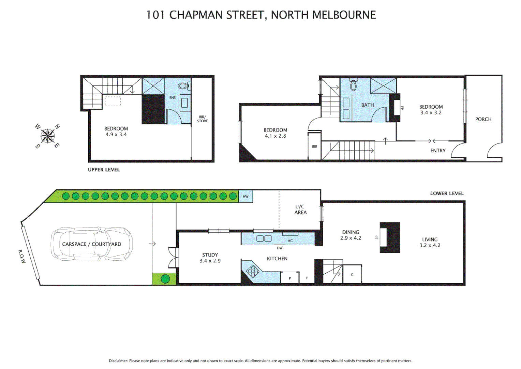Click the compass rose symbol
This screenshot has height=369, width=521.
pyautogui.click(x=47, y=136)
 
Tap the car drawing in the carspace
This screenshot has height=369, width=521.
pyautogui.click(x=91, y=244)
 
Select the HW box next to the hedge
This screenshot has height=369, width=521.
pyautogui.click(x=245, y=196)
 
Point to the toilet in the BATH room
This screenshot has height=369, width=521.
pyautogui.click(x=353, y=85)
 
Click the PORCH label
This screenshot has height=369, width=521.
pyautogui.click(x=483, y=119)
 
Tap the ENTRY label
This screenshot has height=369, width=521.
pyautogui.click(x=438, y=151)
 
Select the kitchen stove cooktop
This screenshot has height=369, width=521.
pyautogui.click(x=253, y=271)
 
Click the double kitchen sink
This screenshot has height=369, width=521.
pyautogui.click(x=264, y=238)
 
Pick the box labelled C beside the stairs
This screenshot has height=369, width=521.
pyautogui.click(x=352, y=274)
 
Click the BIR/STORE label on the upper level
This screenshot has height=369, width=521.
pyautogui.click(x=202, y=119)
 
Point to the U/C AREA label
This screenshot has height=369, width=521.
pyautogui.click(x=300, y=209)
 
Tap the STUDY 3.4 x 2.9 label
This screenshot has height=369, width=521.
pyautogui.click(x=210, y=258)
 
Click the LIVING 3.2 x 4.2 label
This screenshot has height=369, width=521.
pyautogui.click(x=430, y=242)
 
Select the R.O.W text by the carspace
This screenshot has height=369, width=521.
pyautogui.click(x=22, y=256)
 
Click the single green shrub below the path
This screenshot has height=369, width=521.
pyautogui.click(x=165, y=279)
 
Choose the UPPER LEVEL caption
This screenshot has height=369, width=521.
pyautogui.click(x=104, y=170)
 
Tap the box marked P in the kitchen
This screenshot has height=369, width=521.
pyautogui.click(x=290, y=278)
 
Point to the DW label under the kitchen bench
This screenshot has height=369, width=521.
pyautogui.click(x=280, y=248)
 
